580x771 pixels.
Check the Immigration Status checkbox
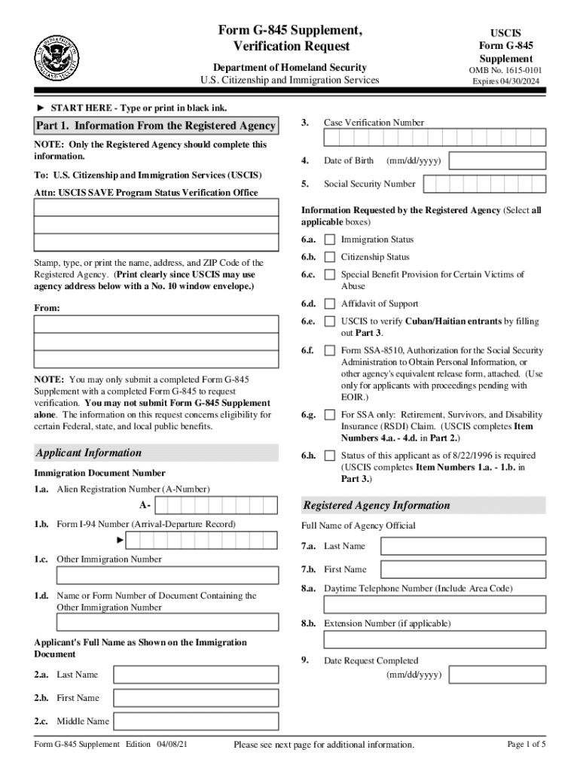[330, 239]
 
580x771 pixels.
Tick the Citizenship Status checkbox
[330, 258]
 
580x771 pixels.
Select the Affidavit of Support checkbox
[330, 304]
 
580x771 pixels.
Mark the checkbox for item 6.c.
[330, 276]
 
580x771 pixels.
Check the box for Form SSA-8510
[330, 351]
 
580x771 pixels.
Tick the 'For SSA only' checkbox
[330, 415]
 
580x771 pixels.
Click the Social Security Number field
[485, 184]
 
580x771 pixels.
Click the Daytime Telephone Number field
[435, 605]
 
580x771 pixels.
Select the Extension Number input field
[435, 639]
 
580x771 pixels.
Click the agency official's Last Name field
[462, 546]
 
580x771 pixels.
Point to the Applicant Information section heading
[88, 453]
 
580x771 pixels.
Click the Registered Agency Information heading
[376, 505]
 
